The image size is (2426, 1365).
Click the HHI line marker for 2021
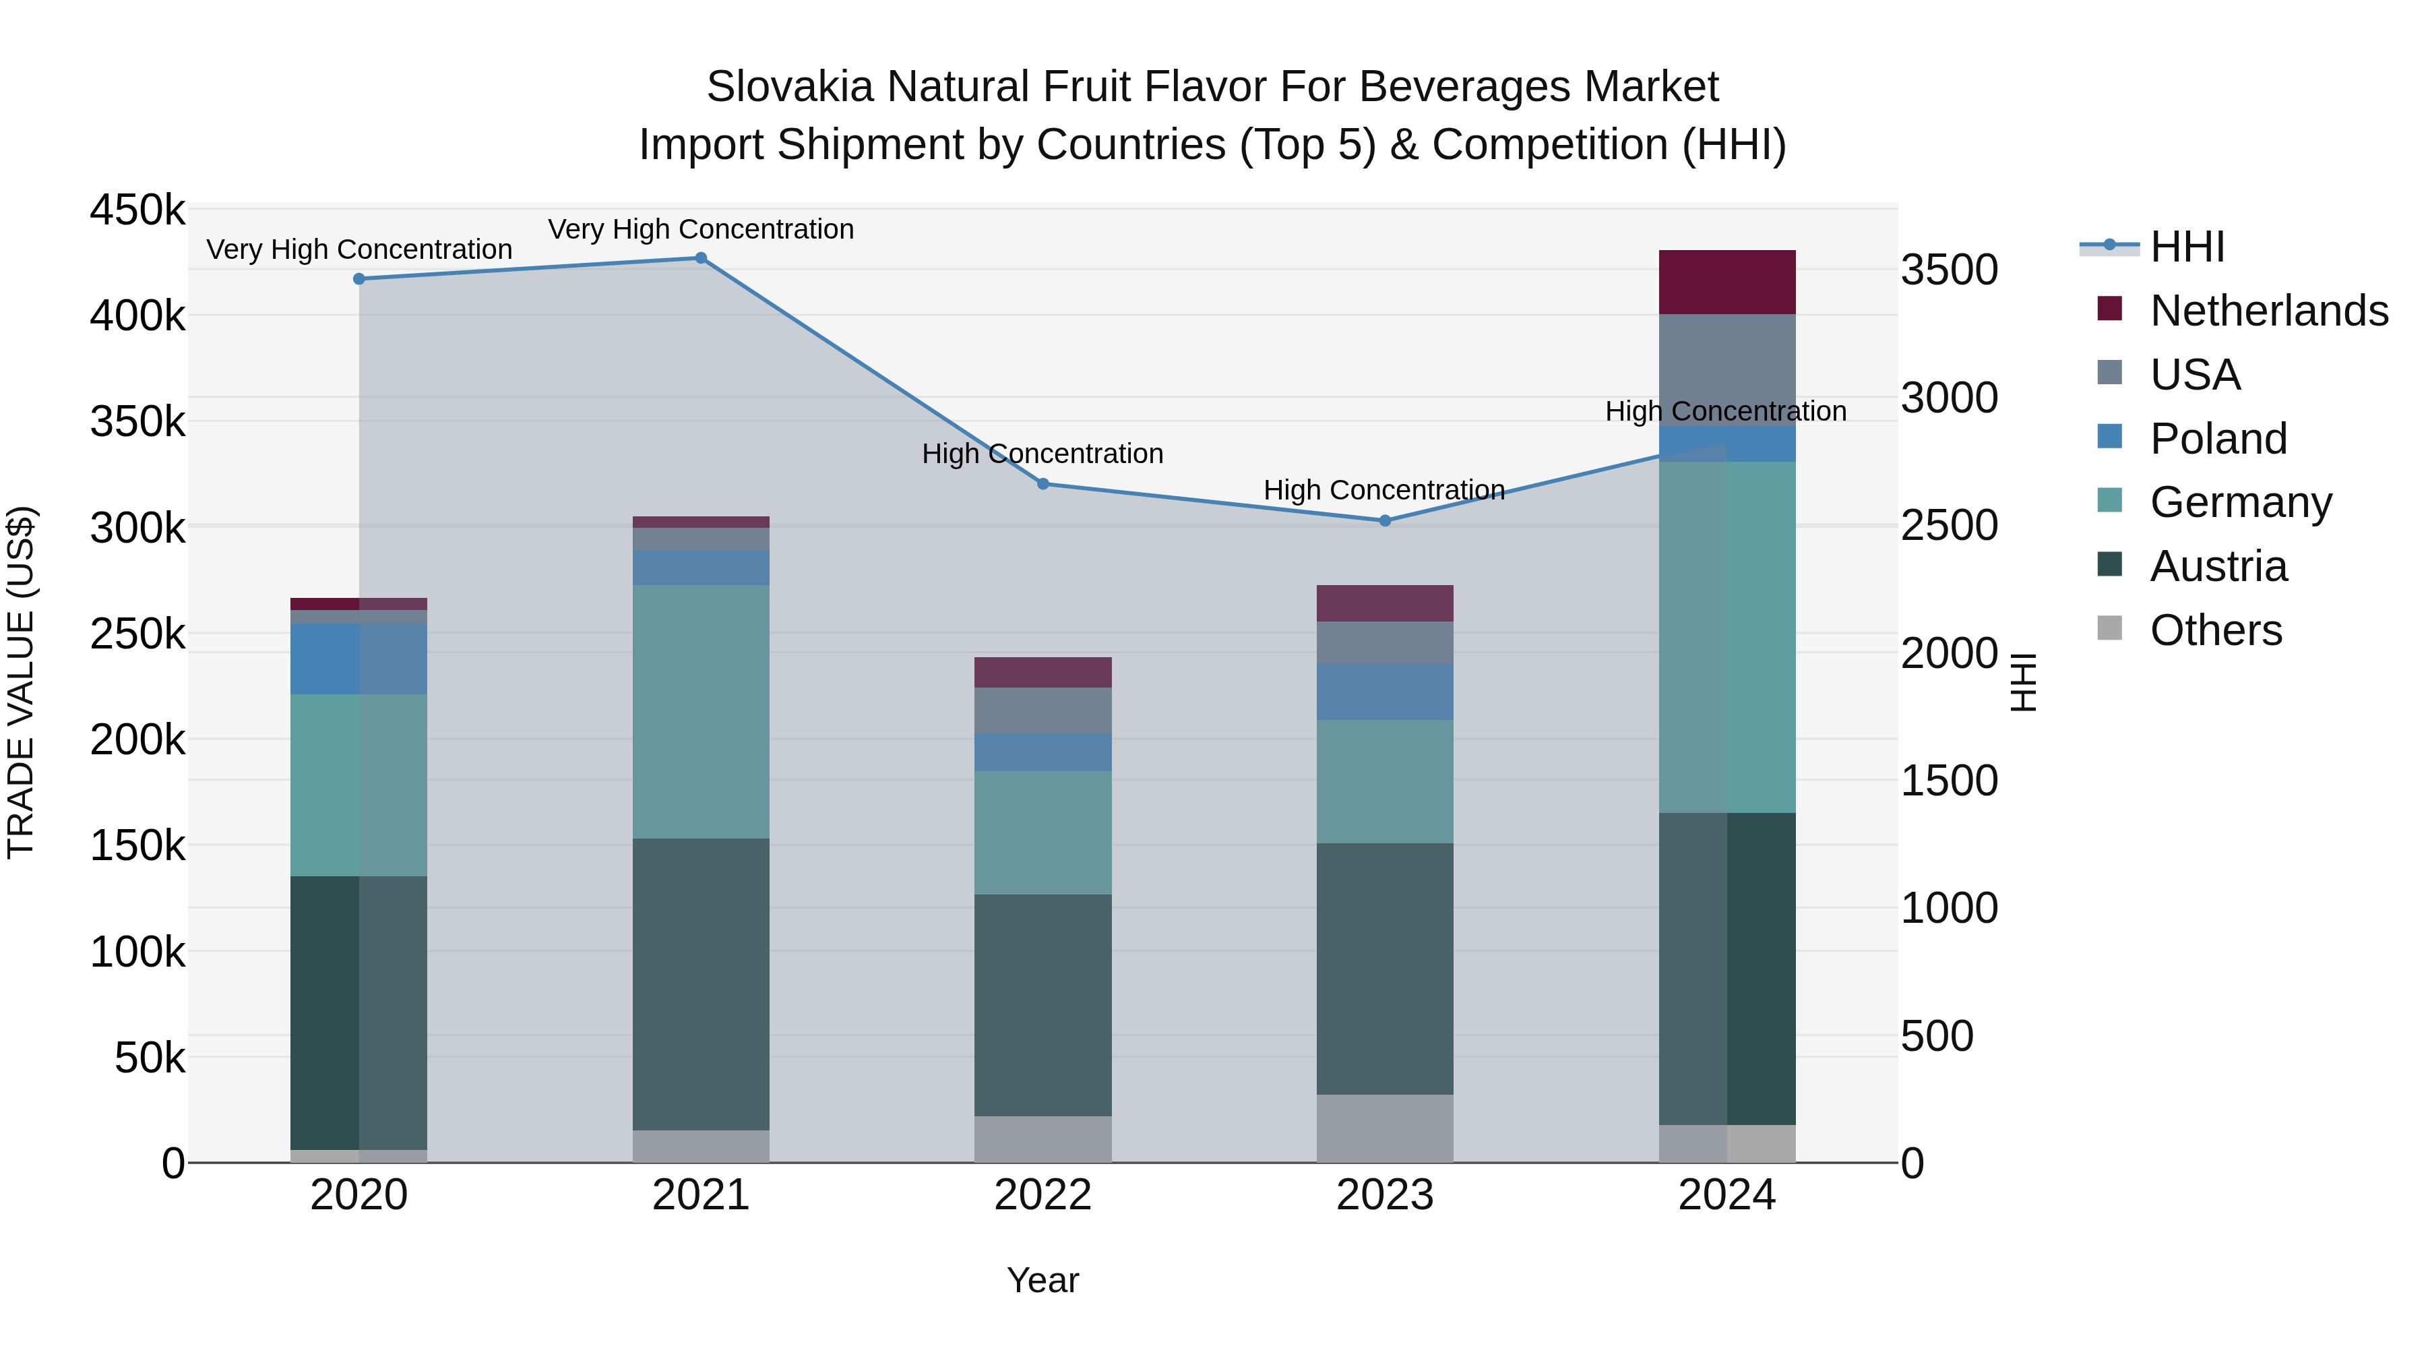[701, 258]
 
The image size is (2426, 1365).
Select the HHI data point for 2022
[1043, 484]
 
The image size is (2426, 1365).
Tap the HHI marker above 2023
[1384, 521]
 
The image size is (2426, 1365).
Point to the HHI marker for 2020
[359, 279]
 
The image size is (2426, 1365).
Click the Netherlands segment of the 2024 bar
[1727, 282]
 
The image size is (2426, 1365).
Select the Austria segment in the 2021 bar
[701, 984]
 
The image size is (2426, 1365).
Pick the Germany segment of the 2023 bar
[1384, 782]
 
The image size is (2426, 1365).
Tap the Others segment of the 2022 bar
[1043, 1139]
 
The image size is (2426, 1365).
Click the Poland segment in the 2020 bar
[359, 659]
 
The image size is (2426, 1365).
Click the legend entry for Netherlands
[2269, 311]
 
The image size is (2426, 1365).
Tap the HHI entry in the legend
[2187, 247]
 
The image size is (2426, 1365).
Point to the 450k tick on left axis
[137, 210]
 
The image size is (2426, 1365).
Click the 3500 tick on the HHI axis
[1948, 270]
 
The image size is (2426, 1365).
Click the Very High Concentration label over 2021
[701, 230]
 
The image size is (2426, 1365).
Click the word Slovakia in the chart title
[789, 87]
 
